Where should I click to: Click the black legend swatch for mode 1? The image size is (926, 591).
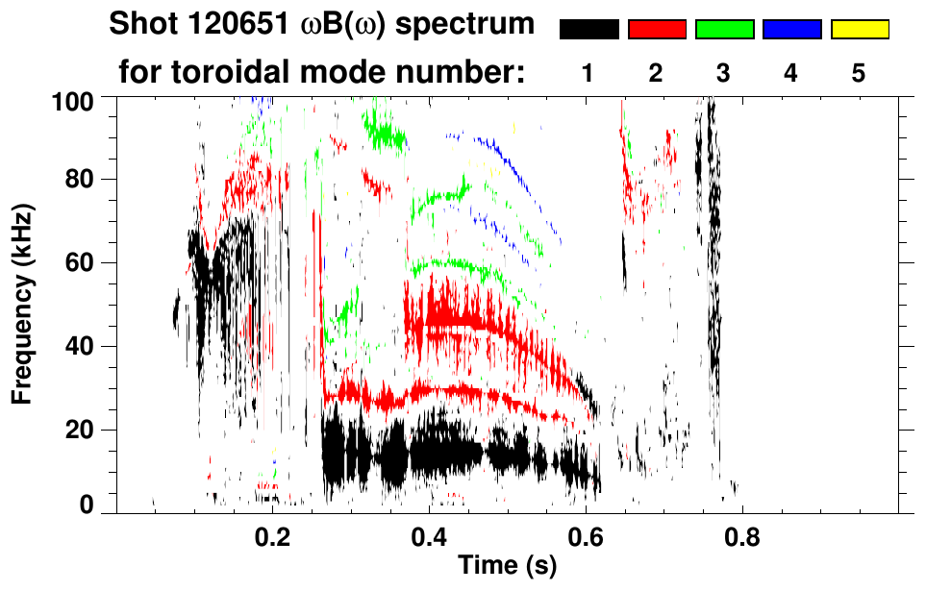pos(589,30)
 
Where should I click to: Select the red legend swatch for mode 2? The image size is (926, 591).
pos(657,30)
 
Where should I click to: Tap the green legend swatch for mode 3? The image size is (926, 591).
pos(724,30)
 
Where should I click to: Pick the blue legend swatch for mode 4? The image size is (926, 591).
pos(791,30)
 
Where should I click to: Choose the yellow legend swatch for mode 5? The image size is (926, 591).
pos(859,30)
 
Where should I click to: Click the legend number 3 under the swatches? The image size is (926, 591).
pos(724,73)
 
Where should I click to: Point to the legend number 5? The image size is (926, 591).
pos(859,73)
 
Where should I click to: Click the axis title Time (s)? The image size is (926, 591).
pos(507,567)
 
